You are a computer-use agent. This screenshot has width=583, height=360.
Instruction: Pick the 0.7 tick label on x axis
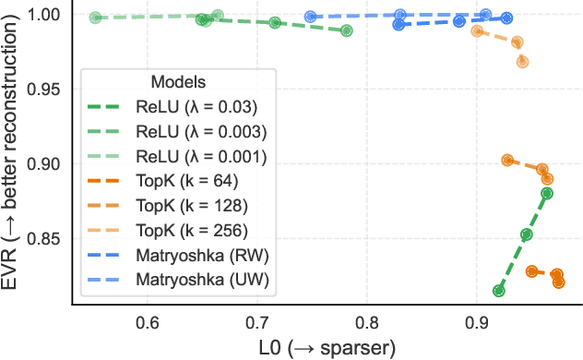257,323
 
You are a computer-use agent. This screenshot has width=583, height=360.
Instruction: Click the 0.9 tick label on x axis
477,323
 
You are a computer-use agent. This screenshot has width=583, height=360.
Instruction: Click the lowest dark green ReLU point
499,291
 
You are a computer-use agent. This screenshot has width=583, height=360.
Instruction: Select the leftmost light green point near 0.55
95,18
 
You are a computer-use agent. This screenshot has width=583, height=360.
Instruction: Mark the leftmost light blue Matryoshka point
311,17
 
